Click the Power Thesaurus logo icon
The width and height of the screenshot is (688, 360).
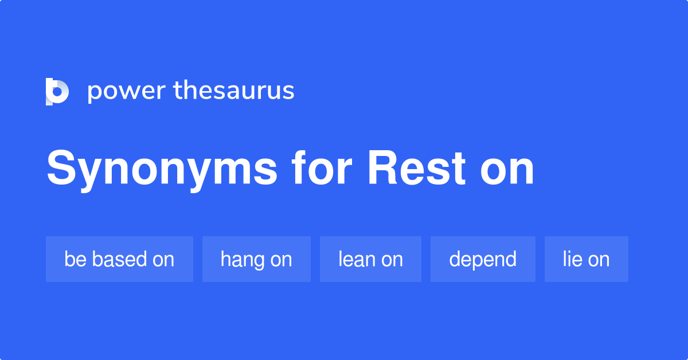coord(57,92)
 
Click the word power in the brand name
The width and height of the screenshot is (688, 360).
coord(126,91)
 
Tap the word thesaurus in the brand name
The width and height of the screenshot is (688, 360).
coord(234,91)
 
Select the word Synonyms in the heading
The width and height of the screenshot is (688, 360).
coord(162,169)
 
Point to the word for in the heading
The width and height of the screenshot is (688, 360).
coord(322,169)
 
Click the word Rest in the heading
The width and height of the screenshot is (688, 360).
coord(416,169)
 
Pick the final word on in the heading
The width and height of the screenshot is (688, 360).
coord(508,171)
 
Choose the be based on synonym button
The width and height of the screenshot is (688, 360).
coord(119,259)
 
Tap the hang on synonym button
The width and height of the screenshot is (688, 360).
coord(256,259)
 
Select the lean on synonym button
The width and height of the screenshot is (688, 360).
coord(370,259)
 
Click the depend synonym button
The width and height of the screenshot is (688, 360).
coord(483,259)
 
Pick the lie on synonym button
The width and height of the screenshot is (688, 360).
coord(586,259)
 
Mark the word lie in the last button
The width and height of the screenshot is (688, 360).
coord(572,259)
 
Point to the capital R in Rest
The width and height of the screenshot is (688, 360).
coord(382,169)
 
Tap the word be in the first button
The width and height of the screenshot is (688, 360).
coord(75,259)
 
